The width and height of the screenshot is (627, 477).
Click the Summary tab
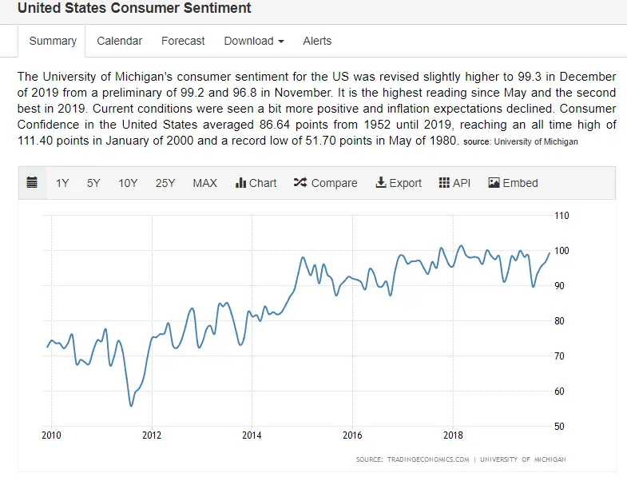tap(53, 41)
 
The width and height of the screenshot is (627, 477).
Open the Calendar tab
tap(119, 41)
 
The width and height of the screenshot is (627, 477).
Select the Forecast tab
tap(183, 41)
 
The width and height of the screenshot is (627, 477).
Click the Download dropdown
tap(254, 41)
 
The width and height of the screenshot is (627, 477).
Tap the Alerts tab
tap(317, 41)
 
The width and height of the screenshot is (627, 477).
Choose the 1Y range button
tap(62, 183)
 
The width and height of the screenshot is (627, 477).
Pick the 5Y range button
tap(93, 183)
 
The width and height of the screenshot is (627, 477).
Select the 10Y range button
tap(128, 183)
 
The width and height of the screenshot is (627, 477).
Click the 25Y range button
tap(165, 183)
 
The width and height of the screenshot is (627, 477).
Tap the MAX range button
tap(204, 183)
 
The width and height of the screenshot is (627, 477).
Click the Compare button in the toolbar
tap(325, 183)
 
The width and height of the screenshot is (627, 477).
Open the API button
tap(454, 183)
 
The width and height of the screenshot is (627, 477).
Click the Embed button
tap(513, 183)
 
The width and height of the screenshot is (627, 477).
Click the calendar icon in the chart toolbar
tap(32, 183)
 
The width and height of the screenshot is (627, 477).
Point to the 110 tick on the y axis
tap(562, 216)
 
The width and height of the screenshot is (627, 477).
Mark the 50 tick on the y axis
tap(560, 427)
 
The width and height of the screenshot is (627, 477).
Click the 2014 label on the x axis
tap(252, 435)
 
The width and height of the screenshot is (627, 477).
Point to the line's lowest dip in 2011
tap(131, 405)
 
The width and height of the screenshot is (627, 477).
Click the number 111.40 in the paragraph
tap(35, 141)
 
